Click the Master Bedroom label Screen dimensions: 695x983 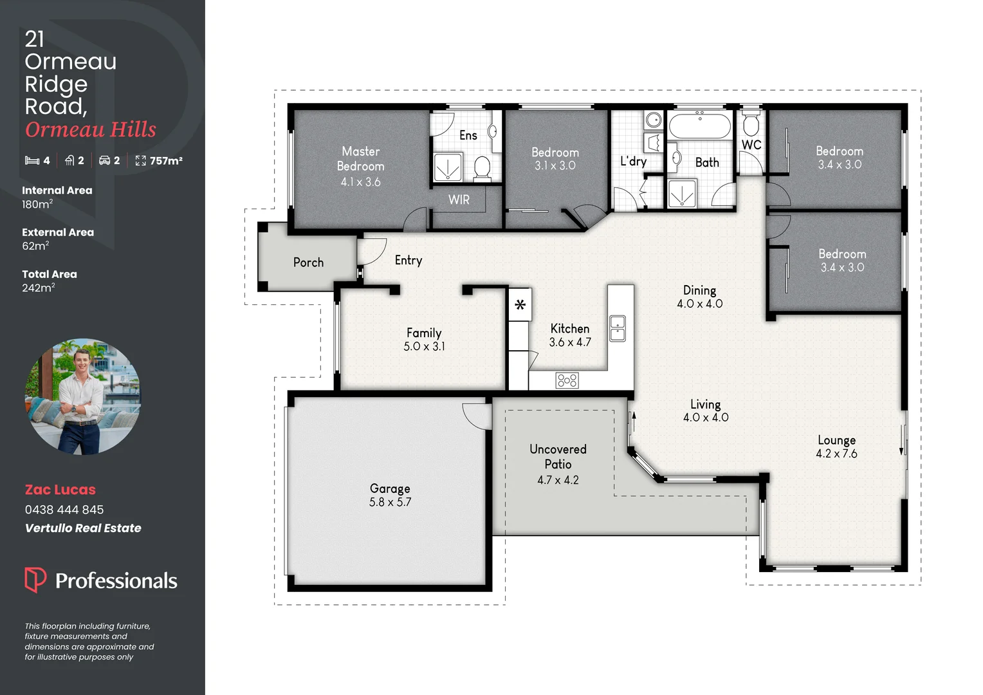click(x=360, y=158)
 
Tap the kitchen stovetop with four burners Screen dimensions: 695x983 click(x=567, y=380)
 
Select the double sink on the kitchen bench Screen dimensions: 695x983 click(x=617, y=328)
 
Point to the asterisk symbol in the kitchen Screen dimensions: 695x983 click(x=520, y=304)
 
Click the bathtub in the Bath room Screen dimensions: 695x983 click(x=699, y=125)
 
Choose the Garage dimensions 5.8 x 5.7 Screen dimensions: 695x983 click(x=390, y=502)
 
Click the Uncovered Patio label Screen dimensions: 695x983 click(x=558, y=456)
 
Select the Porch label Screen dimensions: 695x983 click(x=308, y=263)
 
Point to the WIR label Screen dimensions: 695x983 click(x=459, y=200)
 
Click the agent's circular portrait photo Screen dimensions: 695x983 click(x=82, y=396)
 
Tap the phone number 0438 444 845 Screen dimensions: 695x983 click(x=64, y=510)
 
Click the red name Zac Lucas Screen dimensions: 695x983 click(x=60, y=490)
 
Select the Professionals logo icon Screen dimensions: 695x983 click(x=35, y=579)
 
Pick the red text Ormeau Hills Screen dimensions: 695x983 click(x=91, y=129)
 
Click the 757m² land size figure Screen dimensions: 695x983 click(x=166, y=161)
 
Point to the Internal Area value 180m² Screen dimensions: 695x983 click(x=37, y=204)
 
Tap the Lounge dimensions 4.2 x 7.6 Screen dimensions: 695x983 click(x=836, y=454)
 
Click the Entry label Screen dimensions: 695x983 click(x=409, y=260)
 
